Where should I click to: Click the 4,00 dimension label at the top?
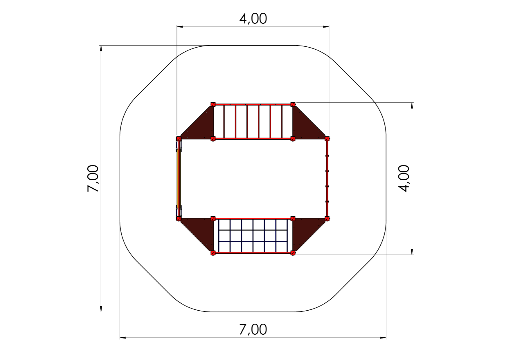(253, 19)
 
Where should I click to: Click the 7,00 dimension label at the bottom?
(253, 330)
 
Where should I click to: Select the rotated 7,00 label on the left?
(93, 179)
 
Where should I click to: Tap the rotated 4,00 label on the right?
(404, 179)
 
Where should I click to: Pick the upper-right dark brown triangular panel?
(305, 127)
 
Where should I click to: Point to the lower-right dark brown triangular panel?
(305, 230)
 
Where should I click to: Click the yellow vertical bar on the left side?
(178, 179)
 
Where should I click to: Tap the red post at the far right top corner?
(327, 138)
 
